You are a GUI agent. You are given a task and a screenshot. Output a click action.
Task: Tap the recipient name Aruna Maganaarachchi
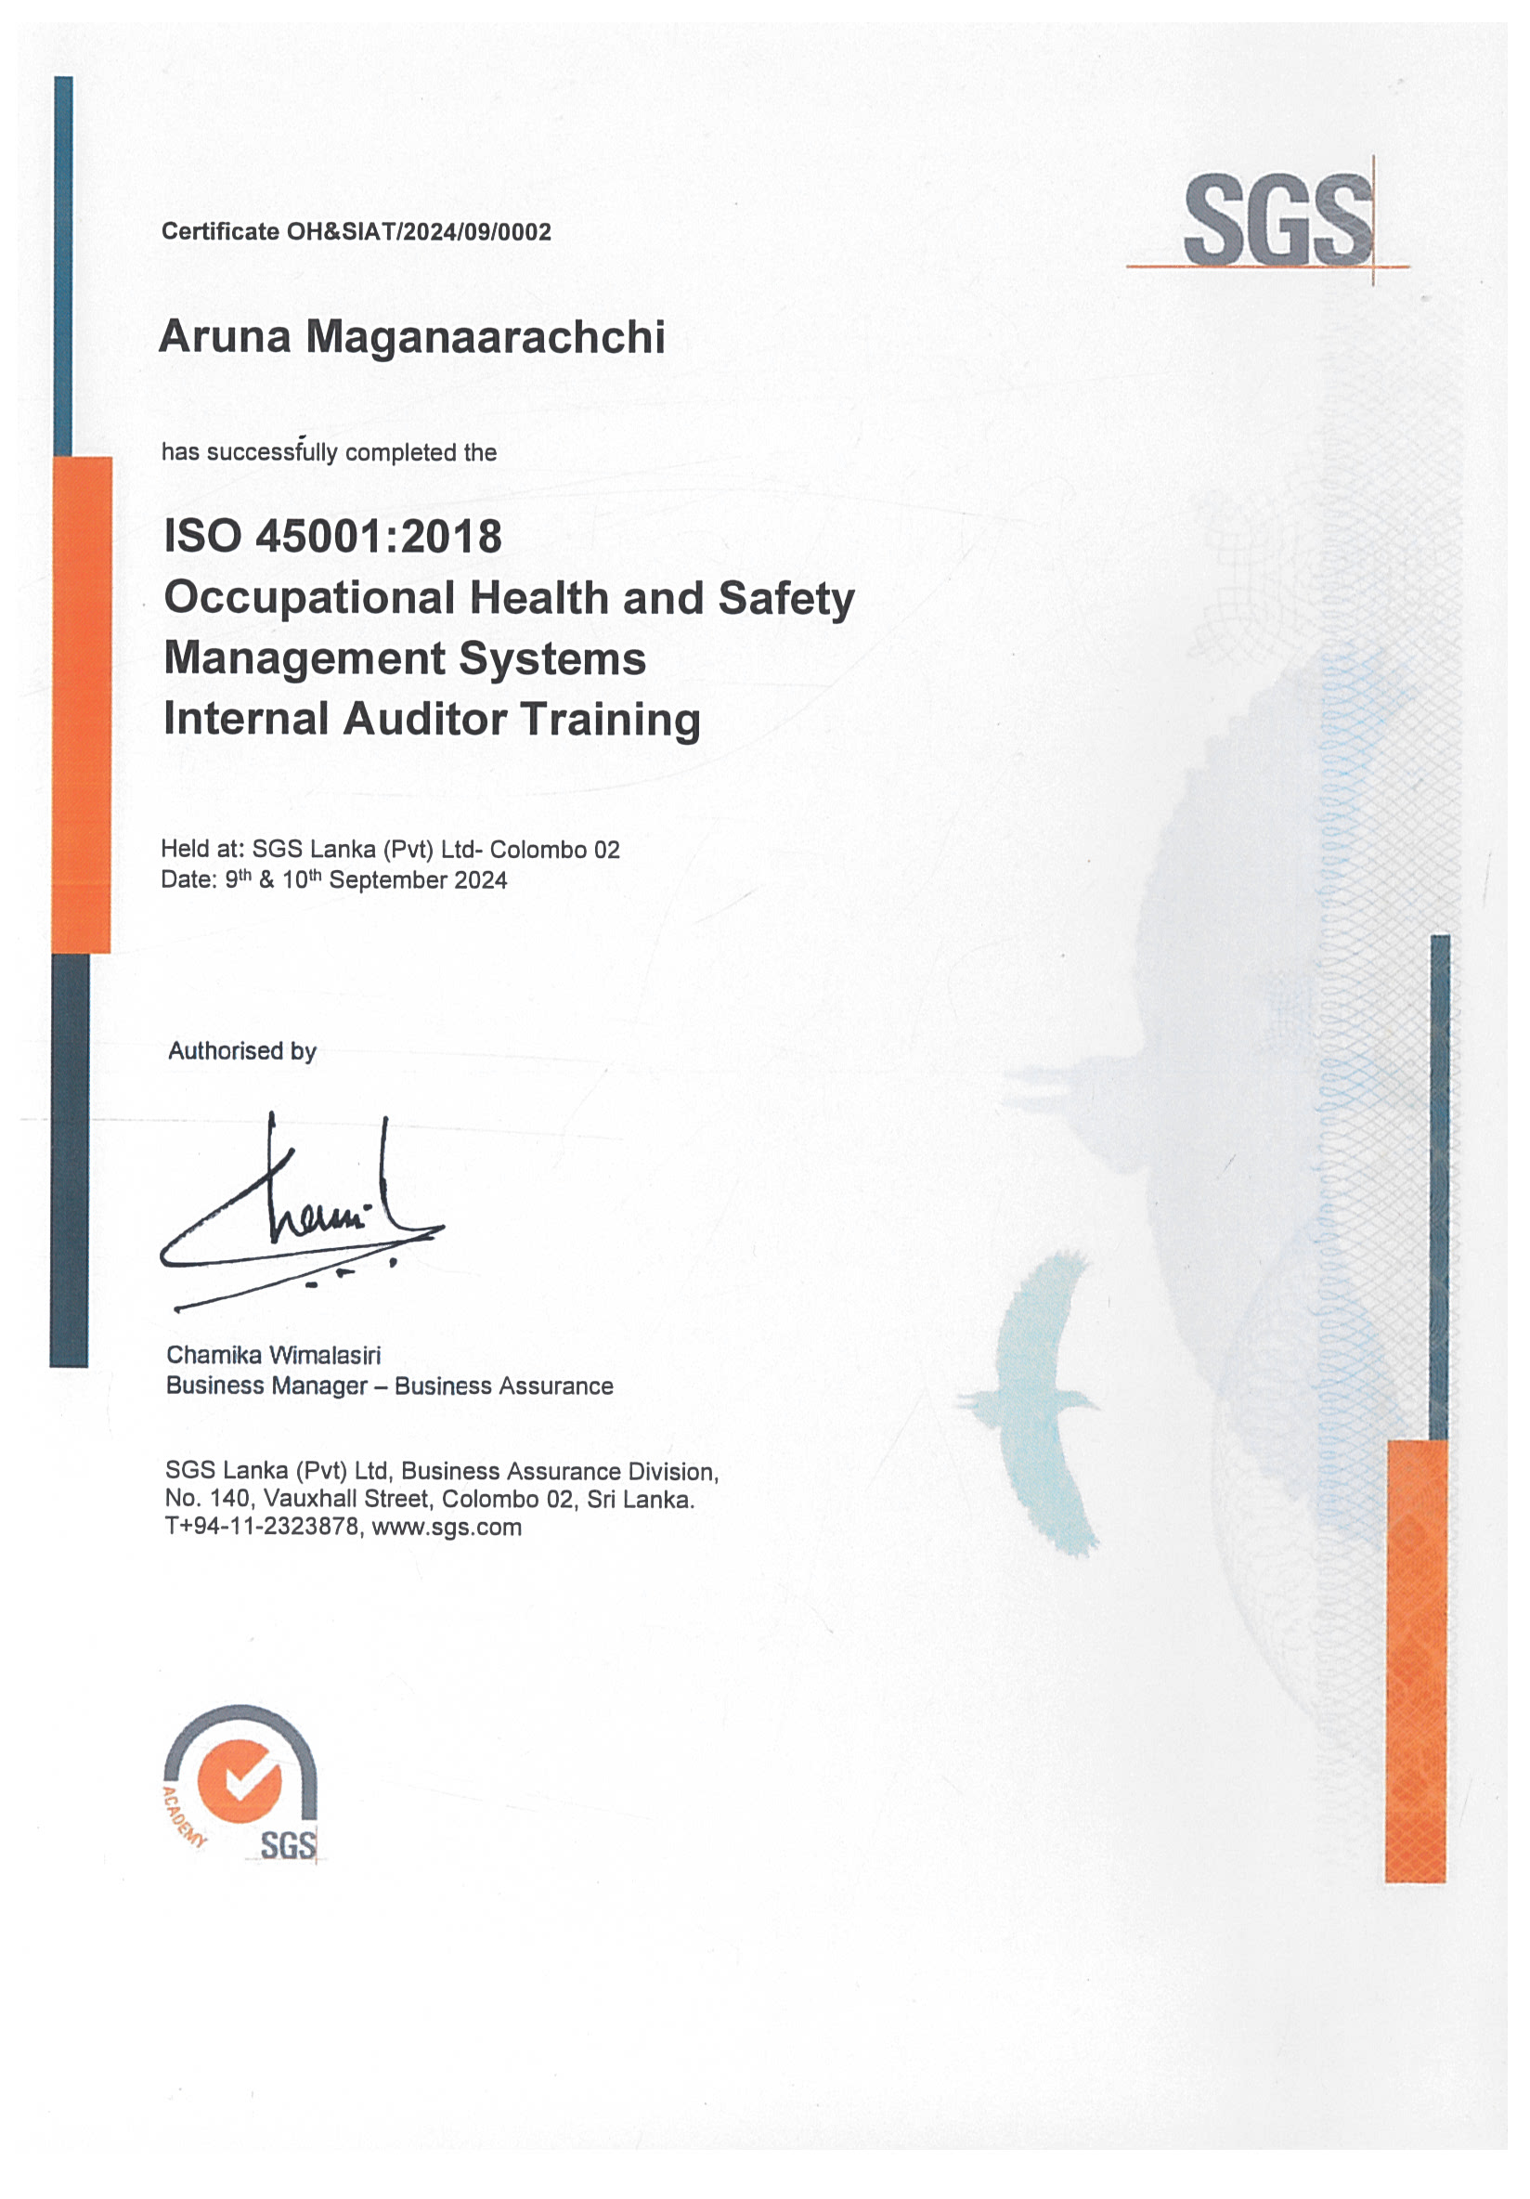tap(411, 337)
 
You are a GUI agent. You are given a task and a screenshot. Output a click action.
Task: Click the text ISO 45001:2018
tap(332, 537)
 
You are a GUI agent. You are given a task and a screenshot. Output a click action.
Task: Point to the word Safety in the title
tap(785, 599)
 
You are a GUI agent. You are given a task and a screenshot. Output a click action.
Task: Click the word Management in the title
tap(304, 659)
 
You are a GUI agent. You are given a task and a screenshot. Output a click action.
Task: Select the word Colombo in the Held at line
tap(538, 850)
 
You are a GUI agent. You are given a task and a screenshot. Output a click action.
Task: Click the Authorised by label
tap(241, 1050)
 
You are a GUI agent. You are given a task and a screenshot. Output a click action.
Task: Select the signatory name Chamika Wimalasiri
tap(273, 1355)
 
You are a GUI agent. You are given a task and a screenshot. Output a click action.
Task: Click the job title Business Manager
tap(266, 1386)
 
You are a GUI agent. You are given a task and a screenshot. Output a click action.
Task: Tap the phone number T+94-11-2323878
tap(262, 1527)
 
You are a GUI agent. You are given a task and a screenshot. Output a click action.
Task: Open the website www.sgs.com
tap(447, 1527)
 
